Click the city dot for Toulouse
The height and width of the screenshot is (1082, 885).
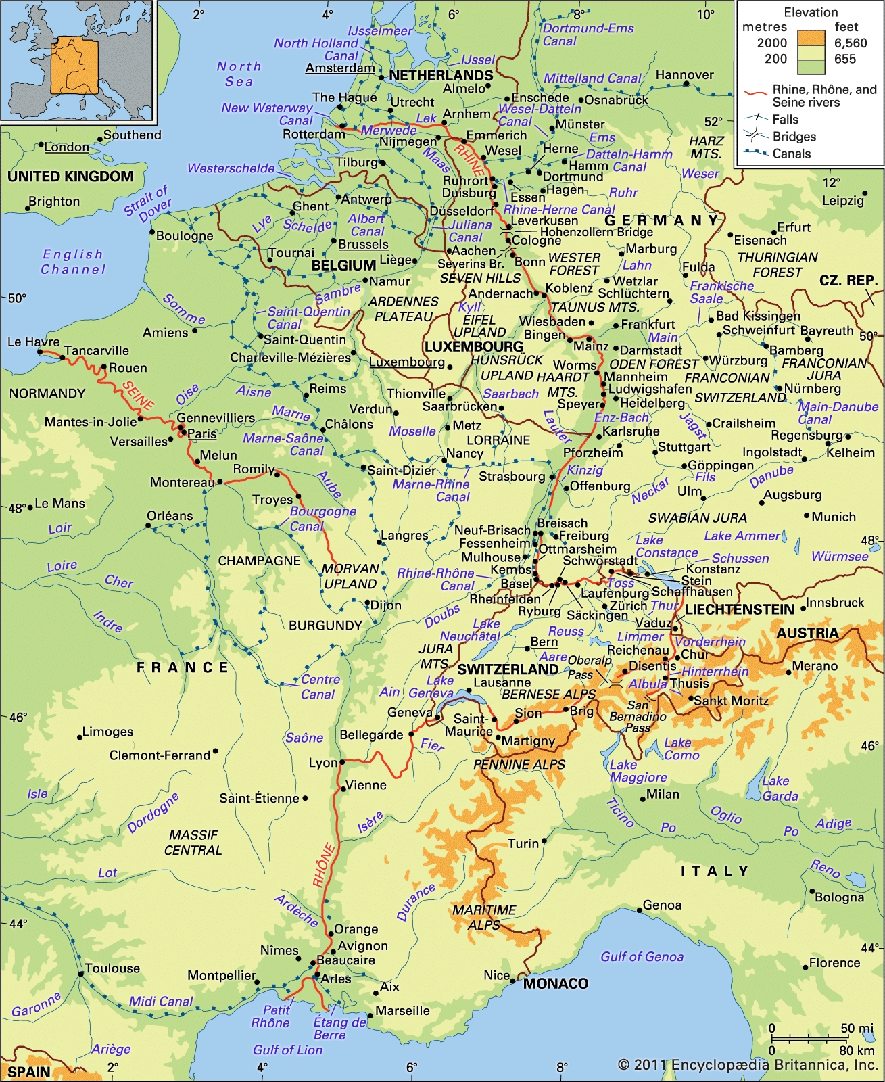click(x=81, y=974)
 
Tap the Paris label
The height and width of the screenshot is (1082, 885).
click(x=201, y=433)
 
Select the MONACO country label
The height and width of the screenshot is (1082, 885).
click(x=555, y=983)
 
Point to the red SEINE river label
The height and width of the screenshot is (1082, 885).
click(x=138, y=396)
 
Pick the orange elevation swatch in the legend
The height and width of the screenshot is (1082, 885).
click(x=811, y=38)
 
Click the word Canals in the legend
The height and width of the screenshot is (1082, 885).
click(x=792, y=154)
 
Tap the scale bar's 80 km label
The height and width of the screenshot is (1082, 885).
click(x=857, y=1050)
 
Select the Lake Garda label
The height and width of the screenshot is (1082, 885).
click(x=780, y=789)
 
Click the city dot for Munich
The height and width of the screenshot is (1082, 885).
click(x=807, y=515)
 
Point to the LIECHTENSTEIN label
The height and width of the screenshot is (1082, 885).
click(x=739, y=609)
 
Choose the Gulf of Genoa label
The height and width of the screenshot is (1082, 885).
click(x=642, y=956)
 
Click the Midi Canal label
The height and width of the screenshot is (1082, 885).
click(x=161, y=1001)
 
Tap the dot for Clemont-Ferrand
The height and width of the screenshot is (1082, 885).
click(x=216, y=751)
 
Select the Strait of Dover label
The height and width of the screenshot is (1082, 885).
click(x=148, y=203)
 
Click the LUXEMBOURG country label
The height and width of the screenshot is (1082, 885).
click(x=473, y=347)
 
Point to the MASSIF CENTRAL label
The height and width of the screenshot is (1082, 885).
click(x=193, y=843)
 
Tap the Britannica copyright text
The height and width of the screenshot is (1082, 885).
click(x=748, y=1065)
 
